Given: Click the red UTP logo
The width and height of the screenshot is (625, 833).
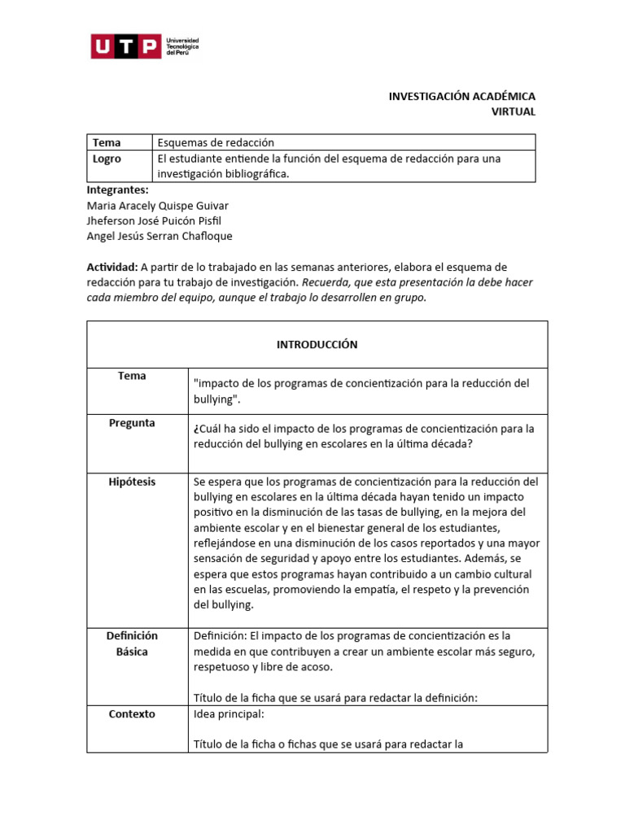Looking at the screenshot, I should tap(125, 47).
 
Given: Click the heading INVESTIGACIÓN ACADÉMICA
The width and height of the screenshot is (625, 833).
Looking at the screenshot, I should tap(461, 96).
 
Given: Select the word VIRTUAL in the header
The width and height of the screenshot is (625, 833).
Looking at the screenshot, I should tap(514, 111).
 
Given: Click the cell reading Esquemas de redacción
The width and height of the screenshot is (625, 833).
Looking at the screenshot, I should tap(216, 142).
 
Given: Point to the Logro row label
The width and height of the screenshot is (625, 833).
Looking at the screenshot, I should tap(107, 159).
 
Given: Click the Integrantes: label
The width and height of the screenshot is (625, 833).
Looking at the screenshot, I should tap(117, 190).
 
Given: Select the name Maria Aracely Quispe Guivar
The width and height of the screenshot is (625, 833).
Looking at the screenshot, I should tap(157, 205).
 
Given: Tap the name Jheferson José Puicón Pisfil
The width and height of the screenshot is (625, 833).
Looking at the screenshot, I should tap(154, 220).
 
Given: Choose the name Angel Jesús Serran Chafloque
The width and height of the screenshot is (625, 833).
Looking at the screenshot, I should tap(159, 236).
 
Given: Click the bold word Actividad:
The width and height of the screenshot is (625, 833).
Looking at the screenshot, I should tap(111, 267).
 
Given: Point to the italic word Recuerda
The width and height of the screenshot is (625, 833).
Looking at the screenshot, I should tap(325, 282).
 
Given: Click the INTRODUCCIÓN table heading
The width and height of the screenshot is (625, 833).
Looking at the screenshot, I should tap(317, 344).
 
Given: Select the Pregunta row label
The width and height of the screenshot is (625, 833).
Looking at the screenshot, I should tap(131, 423).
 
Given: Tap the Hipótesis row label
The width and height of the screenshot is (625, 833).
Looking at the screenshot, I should tap(131, 482).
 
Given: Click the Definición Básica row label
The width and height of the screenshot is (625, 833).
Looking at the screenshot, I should tap(131, 643).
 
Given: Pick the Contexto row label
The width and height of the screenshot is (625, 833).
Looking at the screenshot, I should tap(131, 713).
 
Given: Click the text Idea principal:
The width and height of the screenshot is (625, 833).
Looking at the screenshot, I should tap(229, 714).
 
